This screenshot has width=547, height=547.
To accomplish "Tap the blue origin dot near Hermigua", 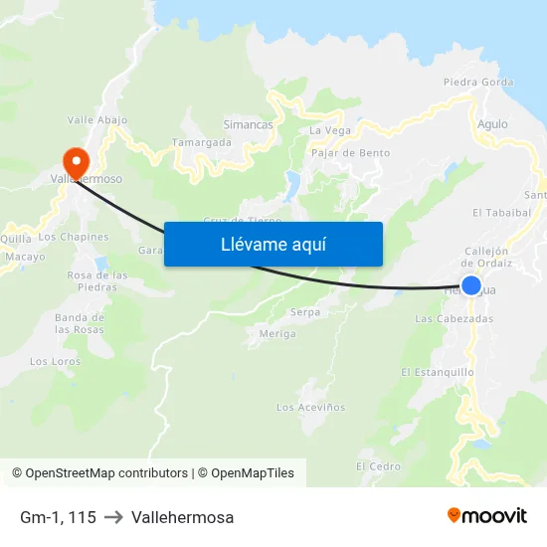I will coord(471,286).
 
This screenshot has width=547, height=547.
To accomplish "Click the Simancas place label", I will coord(248,124).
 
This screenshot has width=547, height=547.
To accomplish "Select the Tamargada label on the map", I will coord(202,142).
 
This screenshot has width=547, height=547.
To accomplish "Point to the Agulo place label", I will coord(492,124).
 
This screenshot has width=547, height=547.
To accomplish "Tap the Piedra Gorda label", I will coord(478,83).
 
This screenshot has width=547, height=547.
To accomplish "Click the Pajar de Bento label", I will coord(350,153).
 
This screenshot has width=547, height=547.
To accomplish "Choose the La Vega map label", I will coord(330,130).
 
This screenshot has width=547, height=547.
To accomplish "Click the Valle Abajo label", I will coord(97,119).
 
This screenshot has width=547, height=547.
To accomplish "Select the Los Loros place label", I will coord(55,361).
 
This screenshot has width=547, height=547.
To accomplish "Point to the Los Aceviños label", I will coord(311,407).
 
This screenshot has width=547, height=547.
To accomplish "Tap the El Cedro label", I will coord(378,465).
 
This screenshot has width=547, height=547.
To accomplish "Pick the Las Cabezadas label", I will coord(454,318).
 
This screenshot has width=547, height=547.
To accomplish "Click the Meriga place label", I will coord(277,333).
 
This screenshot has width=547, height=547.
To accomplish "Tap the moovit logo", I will coord(487,516).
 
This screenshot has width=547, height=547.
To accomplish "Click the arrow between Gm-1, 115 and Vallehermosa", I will coord(113,517).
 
